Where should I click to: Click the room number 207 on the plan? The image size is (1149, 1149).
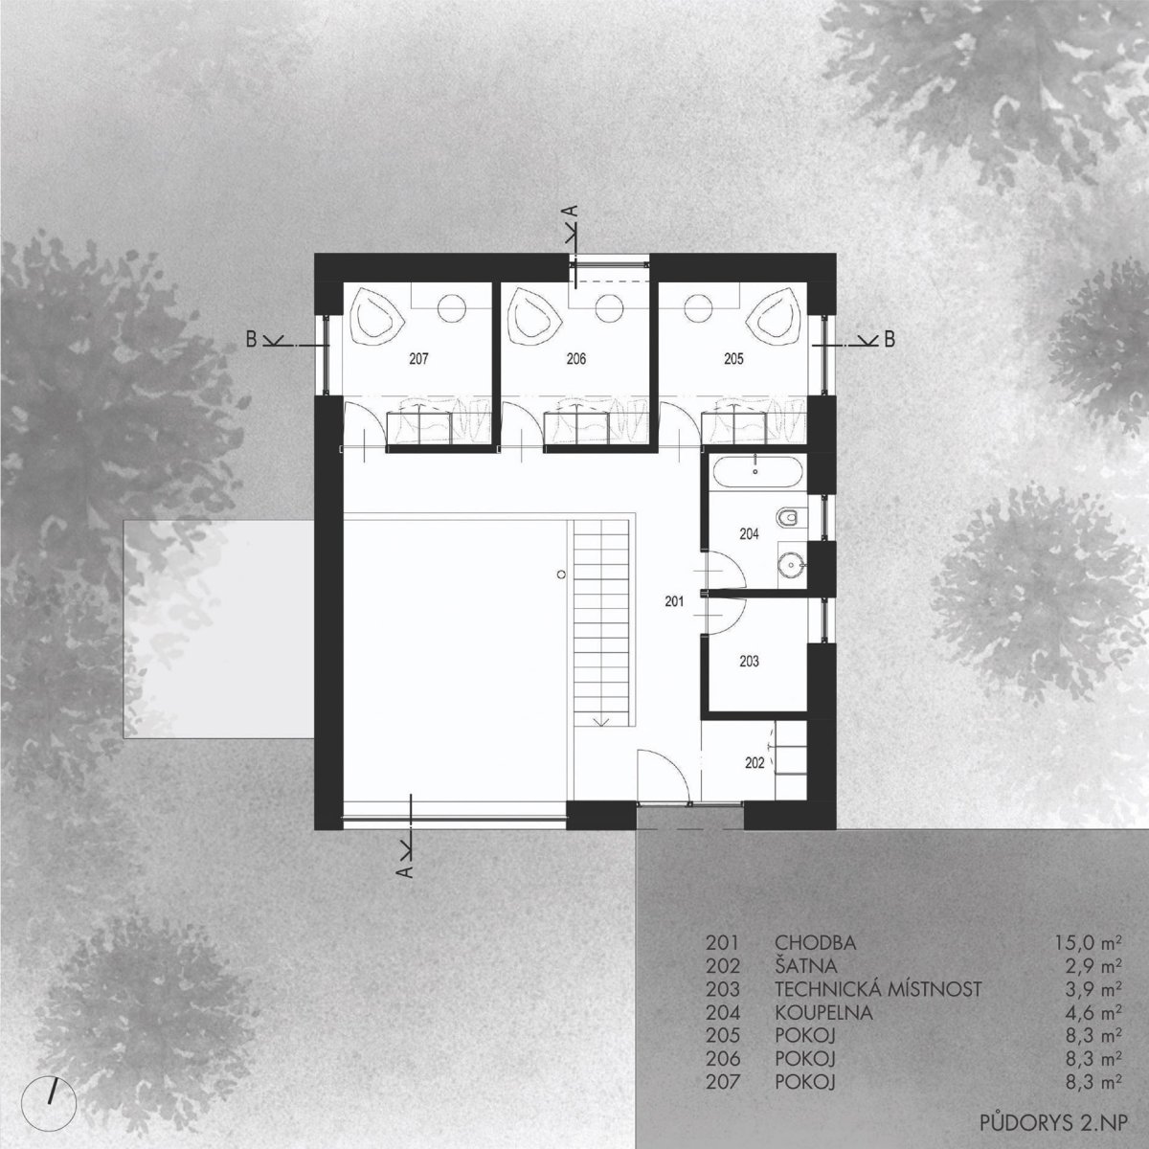419,359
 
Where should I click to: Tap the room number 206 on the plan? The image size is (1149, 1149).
576,359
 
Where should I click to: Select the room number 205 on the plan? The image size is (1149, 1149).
733,359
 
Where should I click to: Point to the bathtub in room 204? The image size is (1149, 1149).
755,472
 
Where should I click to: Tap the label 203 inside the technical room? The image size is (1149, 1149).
749,662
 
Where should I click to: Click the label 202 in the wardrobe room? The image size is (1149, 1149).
755,762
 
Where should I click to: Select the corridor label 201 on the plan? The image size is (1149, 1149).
674,601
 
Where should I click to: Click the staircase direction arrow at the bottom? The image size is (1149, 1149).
601,721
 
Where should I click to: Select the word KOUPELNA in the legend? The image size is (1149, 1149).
823,1012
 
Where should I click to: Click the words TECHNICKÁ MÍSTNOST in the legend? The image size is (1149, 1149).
878,989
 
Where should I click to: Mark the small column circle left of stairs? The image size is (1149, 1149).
560,574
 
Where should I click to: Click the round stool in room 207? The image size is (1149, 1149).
452,308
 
